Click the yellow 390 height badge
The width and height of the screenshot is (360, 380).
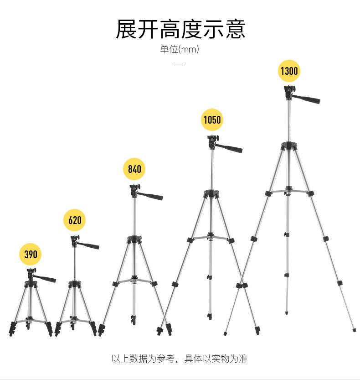pyautogui.click(x=31, y=254)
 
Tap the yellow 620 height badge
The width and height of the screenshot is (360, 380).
pyautogui.click(x=75, y=220)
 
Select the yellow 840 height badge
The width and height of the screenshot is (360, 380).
pyautogui.click(x=134, y=169)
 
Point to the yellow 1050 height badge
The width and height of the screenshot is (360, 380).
pyautogui.click(x=212, y=120)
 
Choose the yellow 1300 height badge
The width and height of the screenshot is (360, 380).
pyautogui.click(x=289, y=71)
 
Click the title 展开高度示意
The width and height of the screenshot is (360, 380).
pyautogui.click(x=180, y=29)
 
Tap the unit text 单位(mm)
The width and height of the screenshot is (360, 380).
pyautogui.click(x=180, y=49)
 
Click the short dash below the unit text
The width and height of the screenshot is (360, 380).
pyautogui.click(x=180, y=65)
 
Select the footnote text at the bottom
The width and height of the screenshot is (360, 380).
pyautogui.click(x=180, y=359)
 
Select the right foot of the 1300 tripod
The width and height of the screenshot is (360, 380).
pyautogui.click(x=354, y=330)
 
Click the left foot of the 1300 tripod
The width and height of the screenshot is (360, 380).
pyautogui.click(x=225, y=333)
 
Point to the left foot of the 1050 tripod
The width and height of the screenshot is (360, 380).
pyautogui.click(x=159, y=329)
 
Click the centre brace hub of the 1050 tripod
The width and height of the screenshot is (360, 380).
pyautogui.click(x=211, y=236)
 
